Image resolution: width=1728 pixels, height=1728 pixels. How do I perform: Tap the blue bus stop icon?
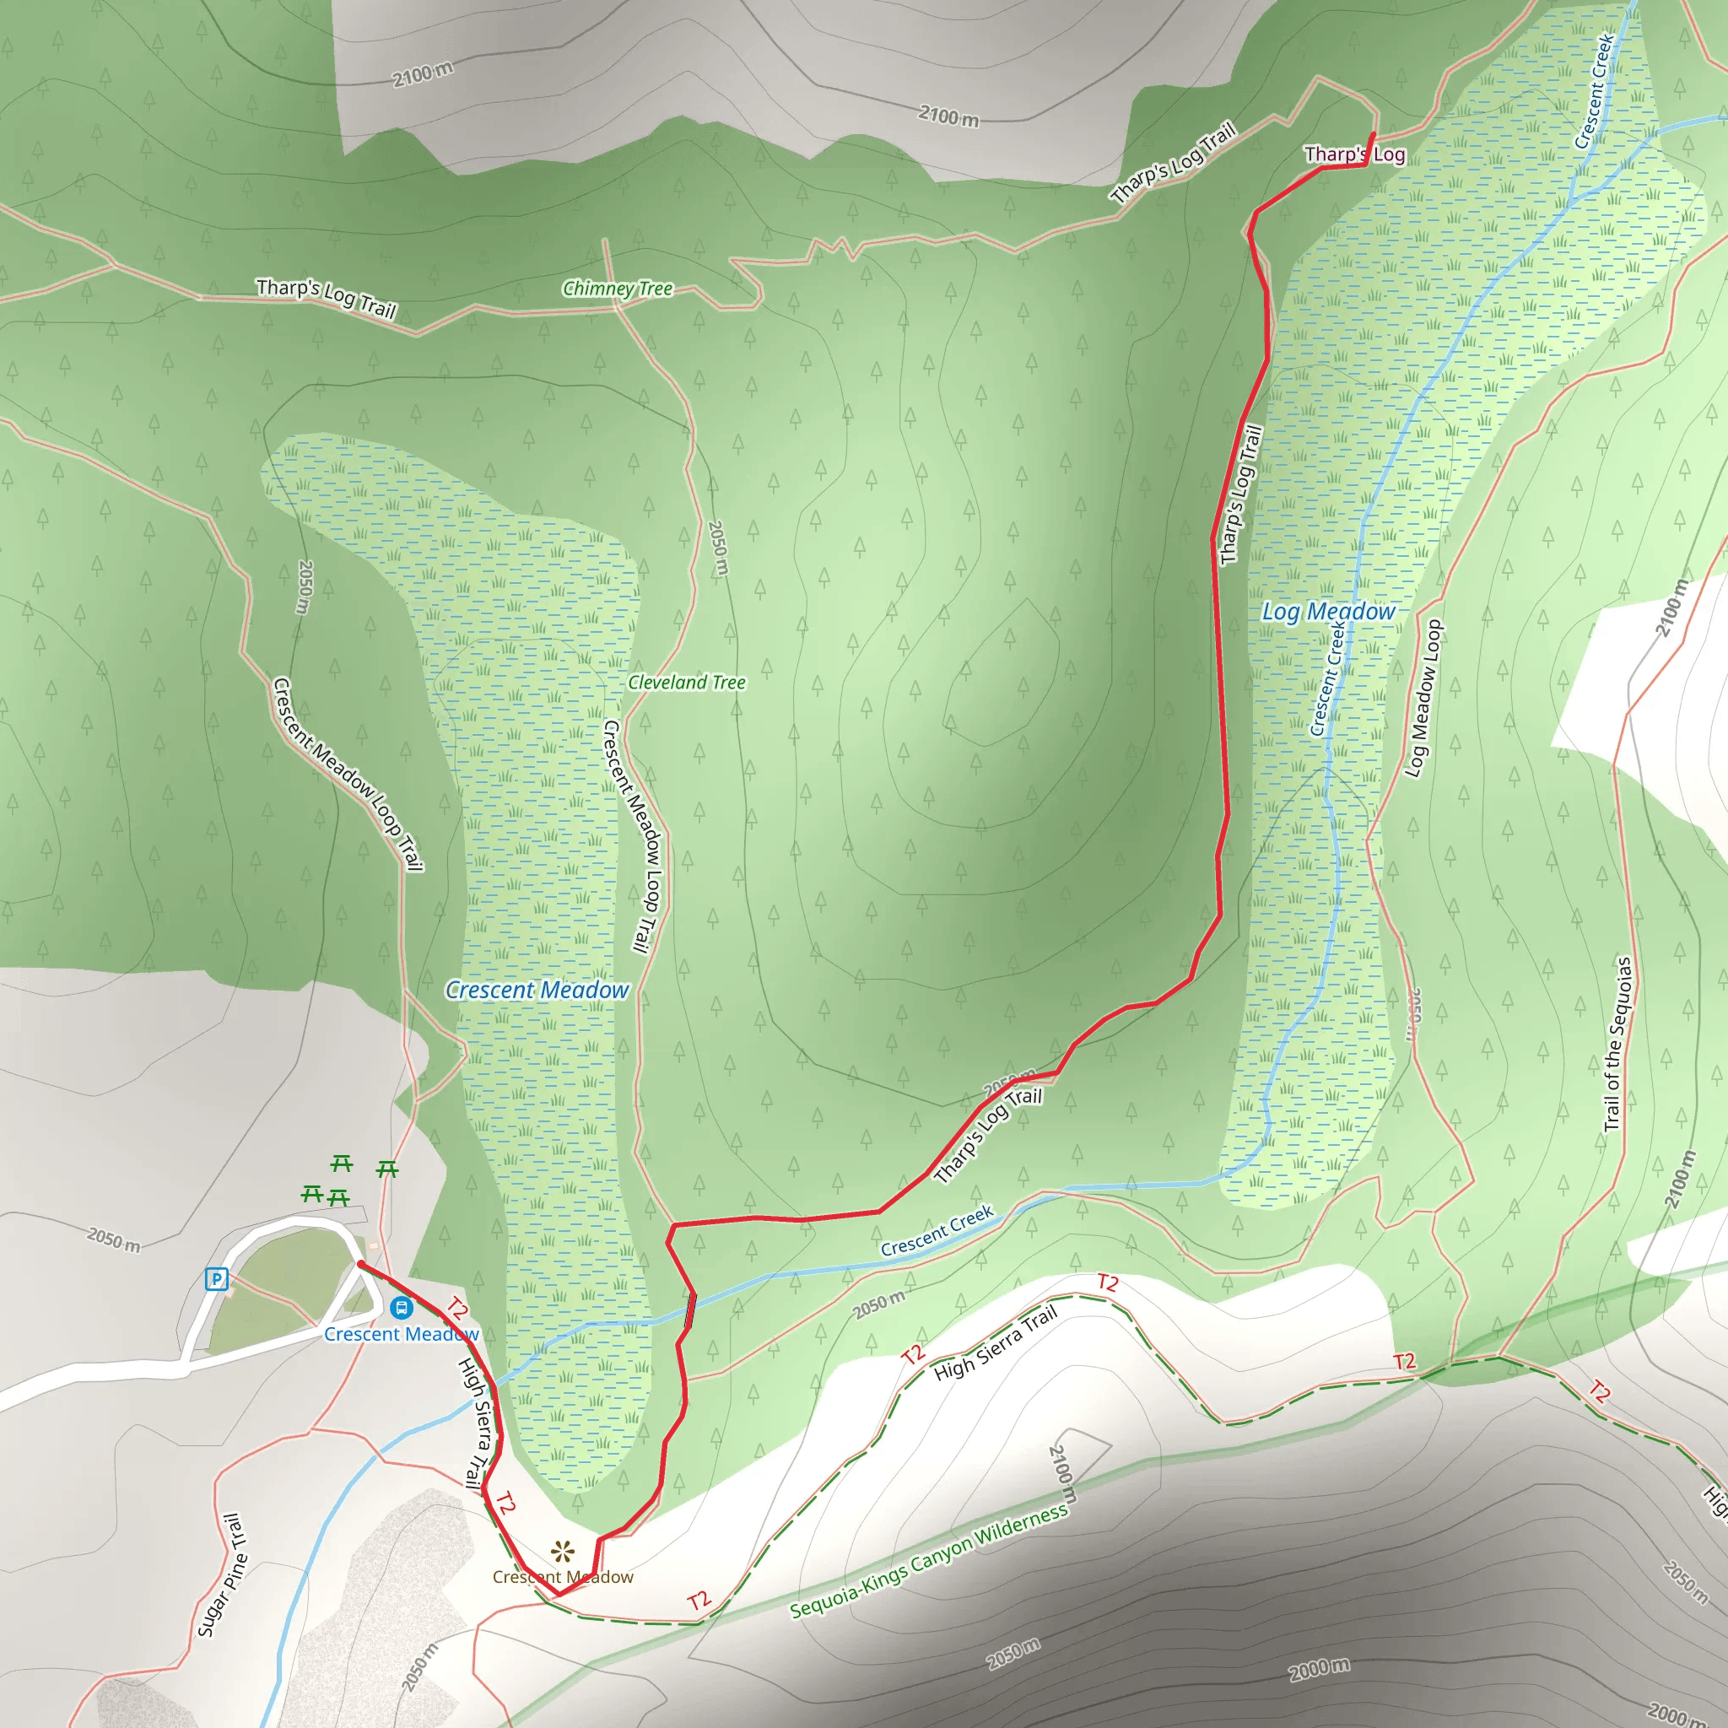click(x=402, y=1308)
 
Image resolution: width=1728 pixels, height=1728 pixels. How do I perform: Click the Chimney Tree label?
click(x=617, y=288)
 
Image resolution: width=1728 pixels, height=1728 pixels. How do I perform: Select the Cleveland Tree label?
click(x=686, y=683)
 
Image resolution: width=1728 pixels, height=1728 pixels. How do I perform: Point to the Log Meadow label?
click(x=1328, y=612)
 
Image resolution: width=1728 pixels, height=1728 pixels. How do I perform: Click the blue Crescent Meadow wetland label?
click(x=537, y=990)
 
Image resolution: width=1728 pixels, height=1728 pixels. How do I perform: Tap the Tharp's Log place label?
click(x=1354, y=154)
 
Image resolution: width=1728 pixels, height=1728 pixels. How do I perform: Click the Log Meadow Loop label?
click(x=1424, y=699)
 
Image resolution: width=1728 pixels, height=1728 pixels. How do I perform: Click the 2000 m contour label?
click(x=1320, y=1669)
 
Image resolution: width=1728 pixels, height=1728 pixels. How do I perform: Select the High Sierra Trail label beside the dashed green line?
click(x=995, y=1342)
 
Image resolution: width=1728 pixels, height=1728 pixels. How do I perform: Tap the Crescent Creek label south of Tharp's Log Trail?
click(x=937, y=1231)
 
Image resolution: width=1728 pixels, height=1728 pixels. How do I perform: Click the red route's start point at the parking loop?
click(x=359, y=1264)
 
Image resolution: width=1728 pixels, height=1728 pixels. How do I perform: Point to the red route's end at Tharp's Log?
click(x=1373, y=134)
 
